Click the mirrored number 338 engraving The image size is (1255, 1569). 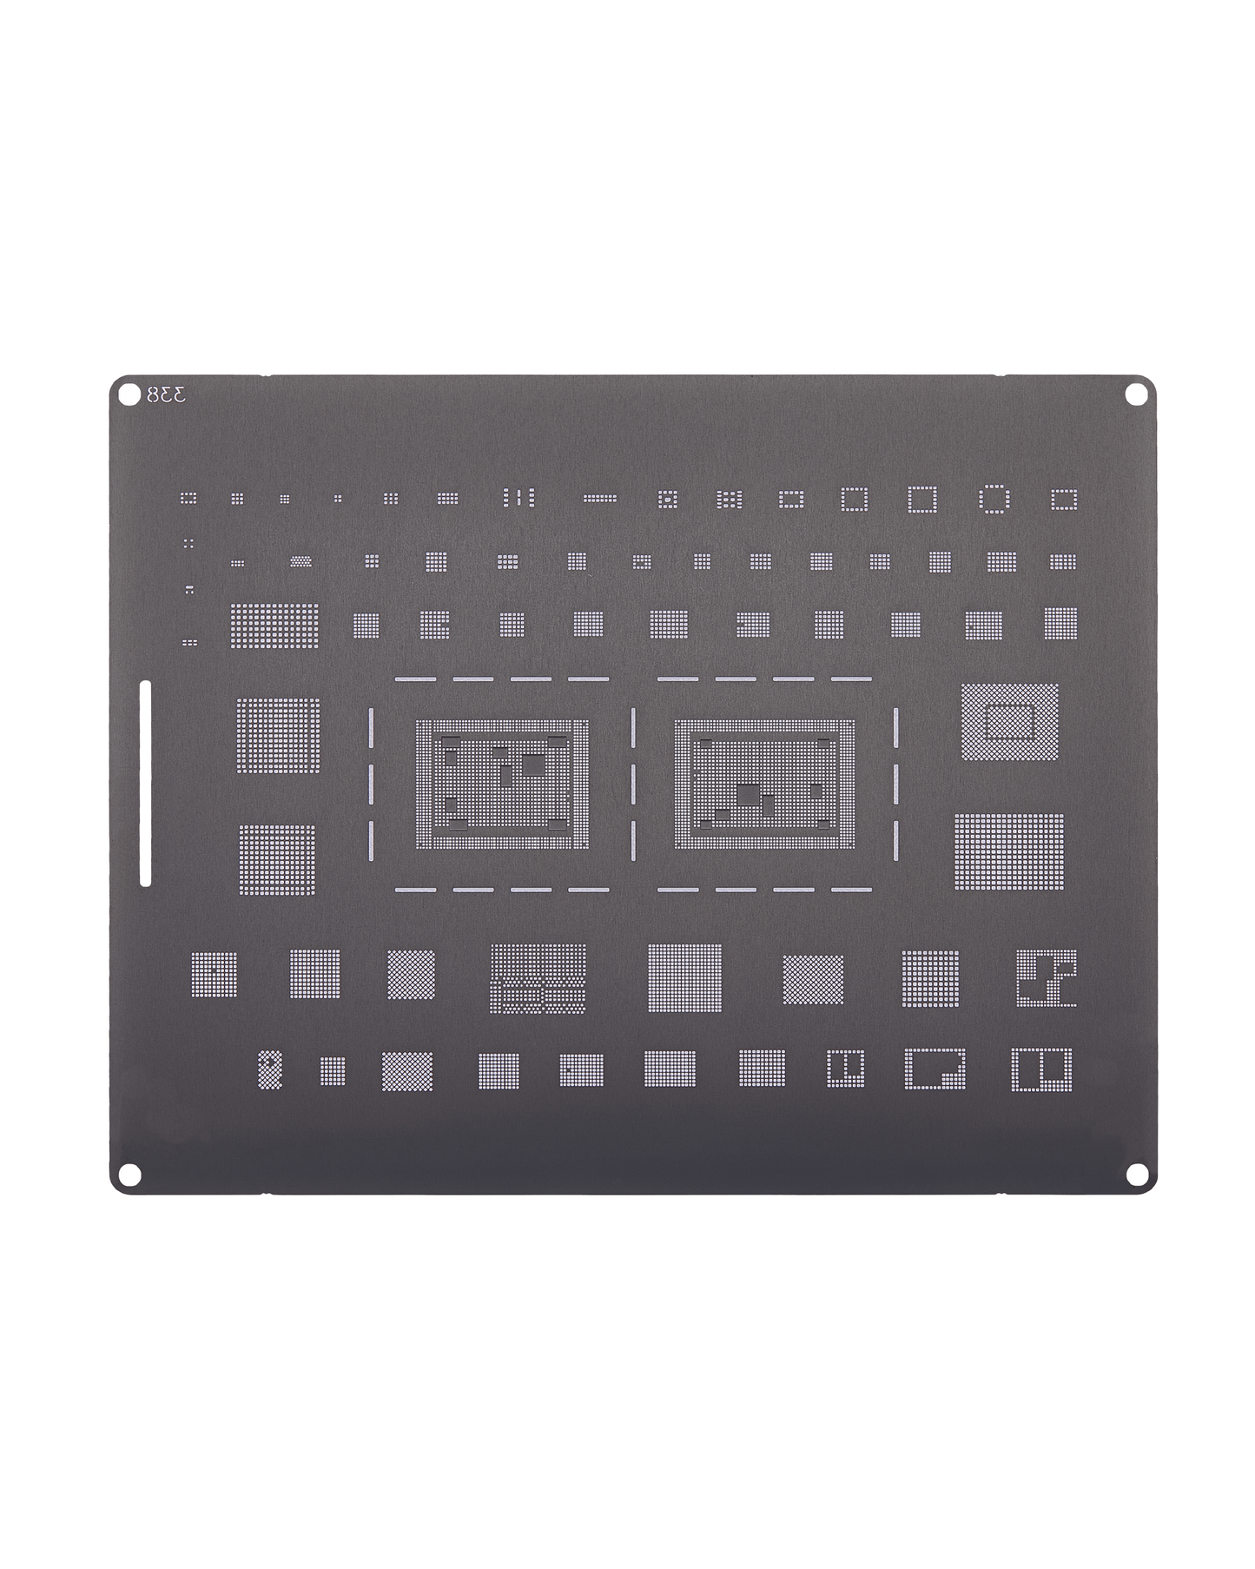point(166,395)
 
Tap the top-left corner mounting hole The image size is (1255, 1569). point(129,394)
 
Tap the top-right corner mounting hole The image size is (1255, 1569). point(1135,394)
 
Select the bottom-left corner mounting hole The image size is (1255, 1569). point(129,1175)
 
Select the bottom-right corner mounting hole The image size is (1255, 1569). point(1135,1174)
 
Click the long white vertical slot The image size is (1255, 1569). point(145,784)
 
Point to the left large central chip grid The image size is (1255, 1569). point(502,784)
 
